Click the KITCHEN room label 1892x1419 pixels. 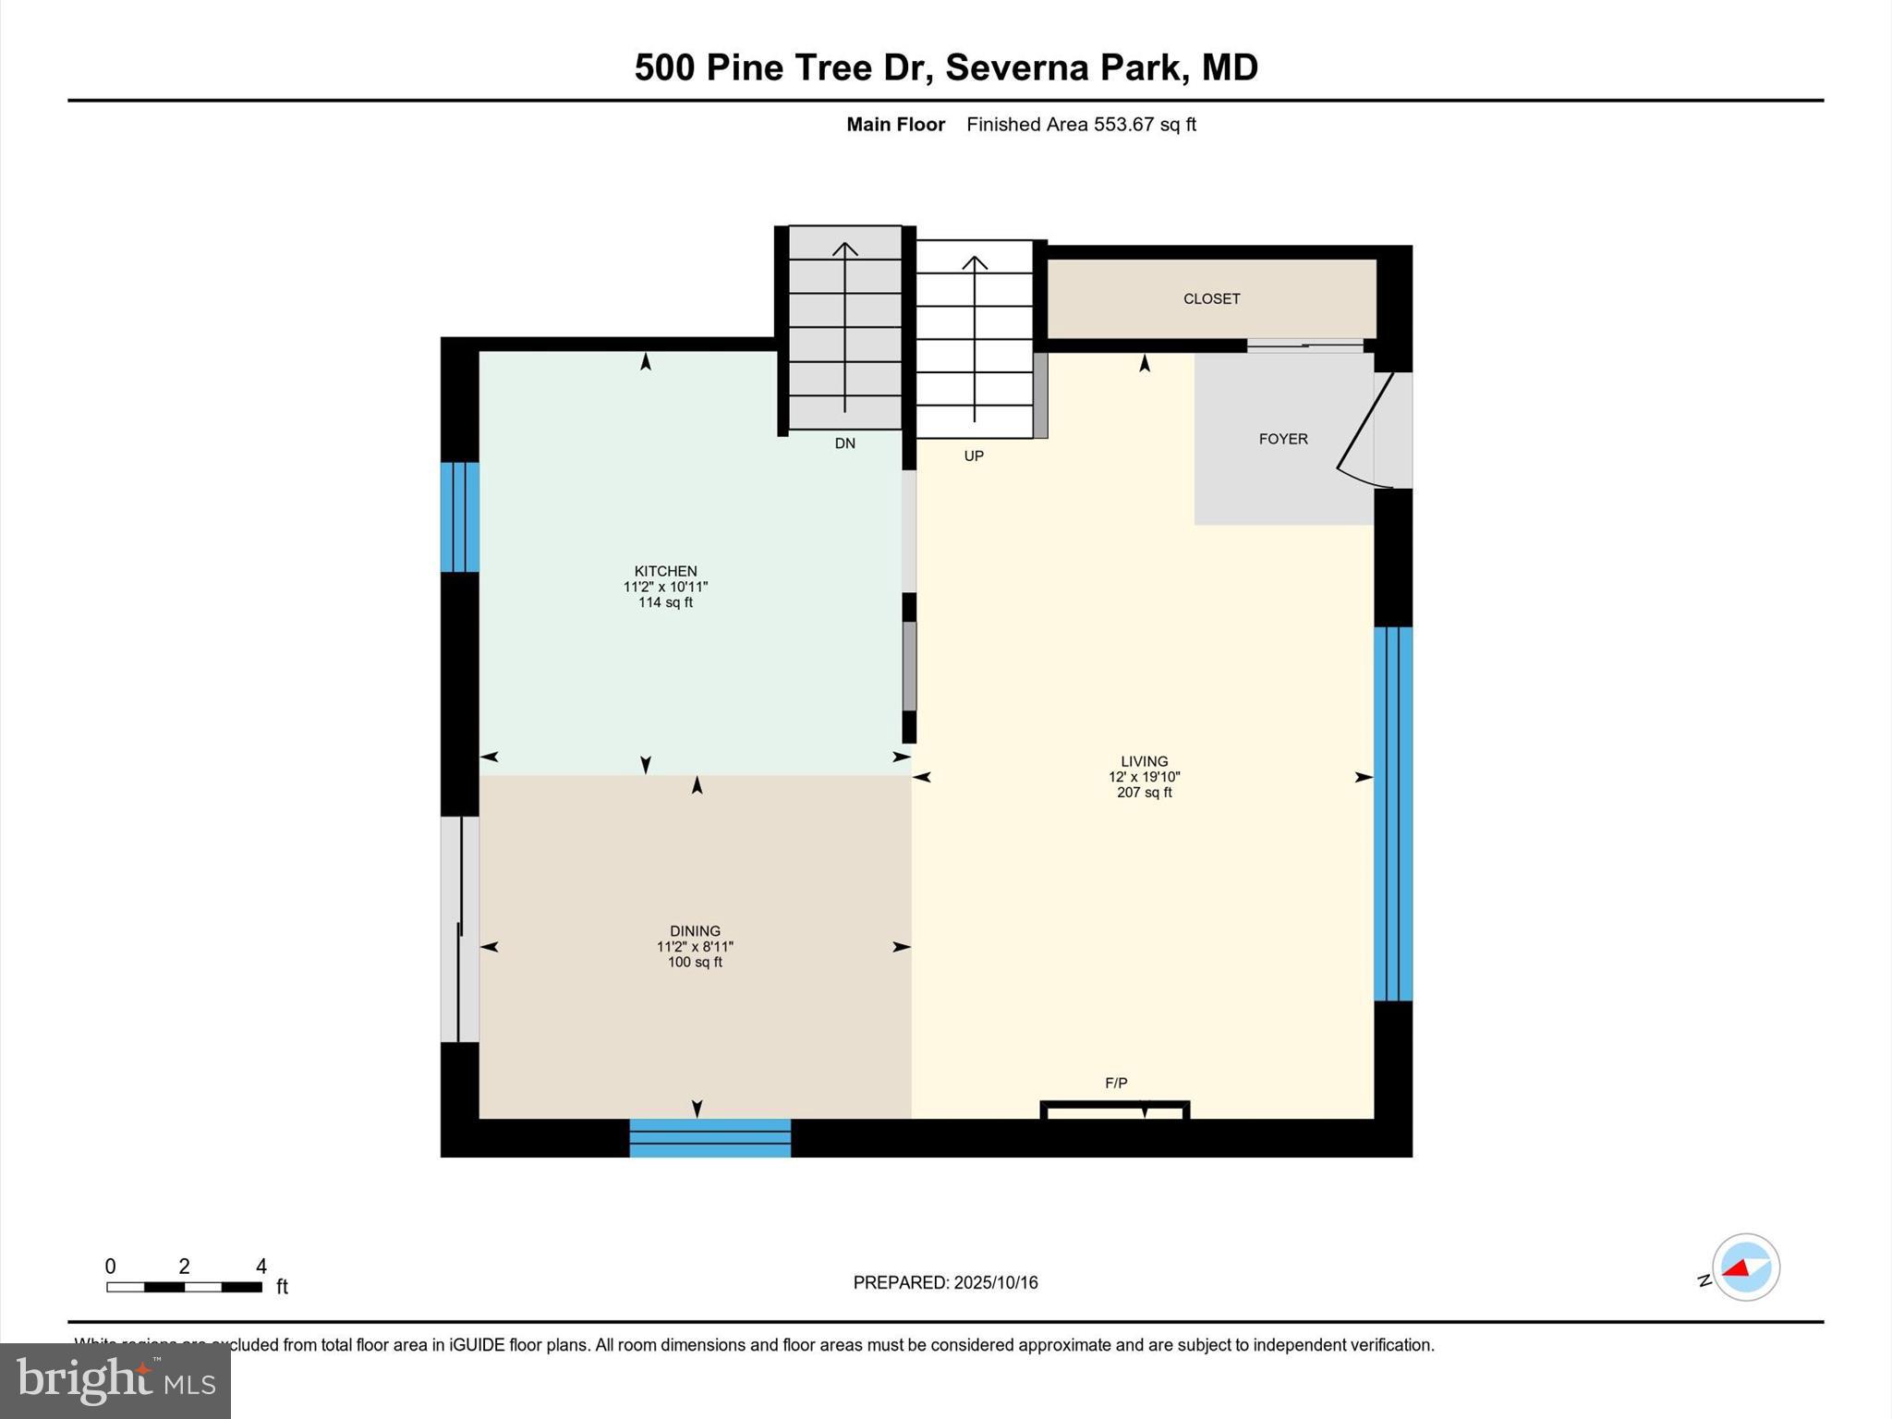click(665, 571)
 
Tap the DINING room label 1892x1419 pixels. click(695, 931)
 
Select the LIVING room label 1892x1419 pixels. click(1144, 762)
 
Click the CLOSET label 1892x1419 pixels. click(1211, 299)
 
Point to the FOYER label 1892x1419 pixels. click(1283, 440)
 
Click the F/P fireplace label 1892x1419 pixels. click(1116, 1083)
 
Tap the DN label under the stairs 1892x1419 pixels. click(844, 443)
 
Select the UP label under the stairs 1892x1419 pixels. click(974, 456)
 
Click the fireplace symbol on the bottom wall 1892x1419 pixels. click(1115, 1110)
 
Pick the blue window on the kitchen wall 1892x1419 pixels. click(459, 517)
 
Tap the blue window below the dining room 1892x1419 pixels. click(709, 1138)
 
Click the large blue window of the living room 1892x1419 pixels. click(1393, 814)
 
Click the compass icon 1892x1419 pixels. click(1745, 1267)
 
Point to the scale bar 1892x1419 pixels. click(184, 1287)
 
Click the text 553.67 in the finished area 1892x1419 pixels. click(1123, 125)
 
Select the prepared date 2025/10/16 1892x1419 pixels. click(996, 1282)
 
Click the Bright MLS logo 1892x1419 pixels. click(115, 1380)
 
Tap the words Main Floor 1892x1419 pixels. click(895, 125)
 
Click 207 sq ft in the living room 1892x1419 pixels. click(1144, 793)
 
